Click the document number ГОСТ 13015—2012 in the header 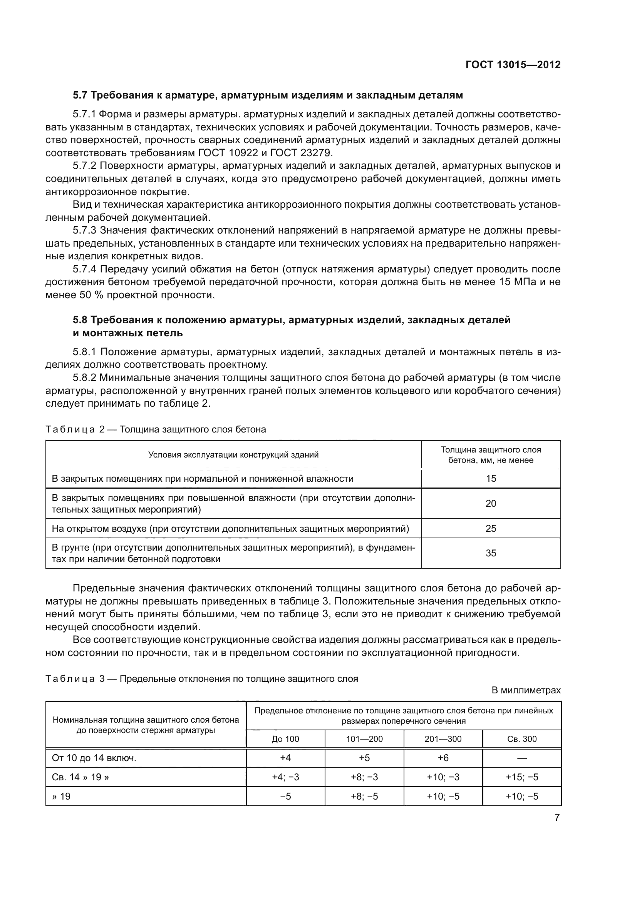coord(513,65)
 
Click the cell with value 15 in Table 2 coord(491,479)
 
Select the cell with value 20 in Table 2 coord(491,504)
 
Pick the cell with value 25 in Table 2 coord(491,528)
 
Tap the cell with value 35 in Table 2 coord(491,553)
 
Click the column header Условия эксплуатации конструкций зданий coord(233,455)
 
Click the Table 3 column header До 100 coord(285,739)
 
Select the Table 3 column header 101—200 coord(364,739)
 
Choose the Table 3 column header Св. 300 coord(522,739)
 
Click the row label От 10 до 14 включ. coord(94,758)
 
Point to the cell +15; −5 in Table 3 coord(522,777)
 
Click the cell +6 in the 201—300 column coord(443,758)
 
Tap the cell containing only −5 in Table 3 coord(285,796)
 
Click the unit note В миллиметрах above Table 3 coord(526,690)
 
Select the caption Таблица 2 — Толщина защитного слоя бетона coord(156,429)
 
